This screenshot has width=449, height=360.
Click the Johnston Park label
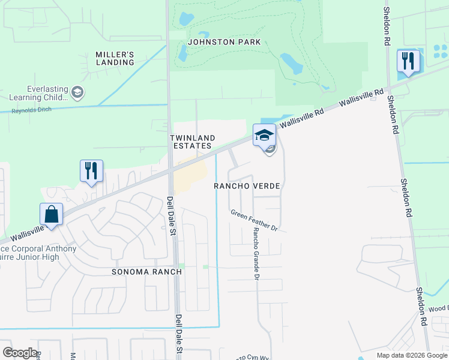224,42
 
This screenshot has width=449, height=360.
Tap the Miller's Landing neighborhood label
115,58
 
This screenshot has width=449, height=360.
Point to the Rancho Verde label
247,186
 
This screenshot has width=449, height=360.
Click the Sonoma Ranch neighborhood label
146,272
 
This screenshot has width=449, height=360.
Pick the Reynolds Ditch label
32,110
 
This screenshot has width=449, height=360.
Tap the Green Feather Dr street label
255,220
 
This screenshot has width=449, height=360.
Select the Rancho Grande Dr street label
256,254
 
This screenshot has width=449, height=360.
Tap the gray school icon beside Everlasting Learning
77,92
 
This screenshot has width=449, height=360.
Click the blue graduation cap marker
264,135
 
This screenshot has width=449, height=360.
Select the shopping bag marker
52,215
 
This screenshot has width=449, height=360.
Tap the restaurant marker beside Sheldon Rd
408,61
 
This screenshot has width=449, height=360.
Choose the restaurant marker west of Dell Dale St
91,171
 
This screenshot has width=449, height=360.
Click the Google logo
20,353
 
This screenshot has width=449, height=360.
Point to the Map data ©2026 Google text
411,355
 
